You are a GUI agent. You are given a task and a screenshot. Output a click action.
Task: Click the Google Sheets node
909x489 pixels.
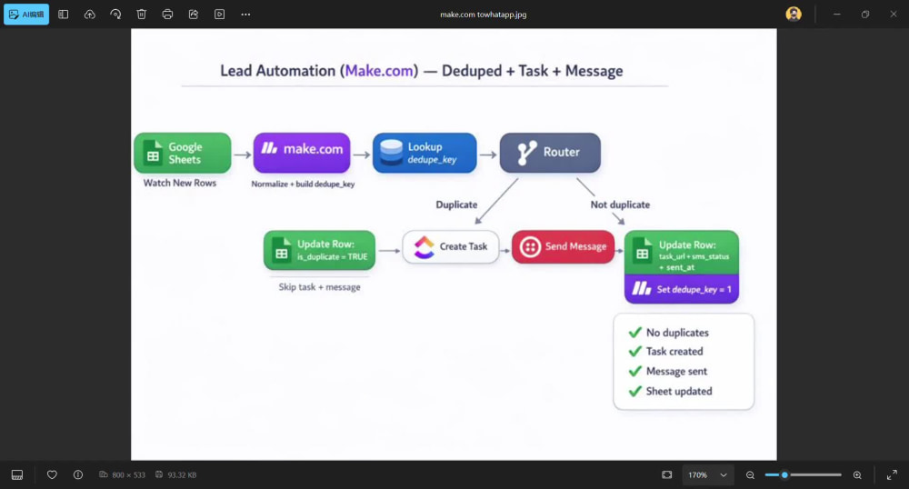pyautogui.click(x=183, y=153)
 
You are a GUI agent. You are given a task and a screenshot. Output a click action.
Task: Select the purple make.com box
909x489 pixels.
pyautogui.click(x=302, y=153)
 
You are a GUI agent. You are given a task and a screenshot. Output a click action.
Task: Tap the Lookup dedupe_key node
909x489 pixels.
pyautogui.click(x=425, y=153)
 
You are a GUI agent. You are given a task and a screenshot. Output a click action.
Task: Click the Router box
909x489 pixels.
pyautogui.click(x=550, y=153)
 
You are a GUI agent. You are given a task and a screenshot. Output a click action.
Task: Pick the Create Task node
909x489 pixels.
pyautogui.click(x=451, y=247)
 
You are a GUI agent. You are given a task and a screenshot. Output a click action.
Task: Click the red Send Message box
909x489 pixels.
pyautogui.click(x=563, y=247)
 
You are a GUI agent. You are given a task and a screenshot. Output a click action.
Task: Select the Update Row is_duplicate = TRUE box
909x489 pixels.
pyautogui.click(x=319, y=250)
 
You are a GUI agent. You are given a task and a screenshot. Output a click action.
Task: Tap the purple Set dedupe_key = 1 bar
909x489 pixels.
pyautogui.click(x=682, y=288)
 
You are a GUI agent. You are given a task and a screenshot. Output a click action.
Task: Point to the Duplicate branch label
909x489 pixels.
pyautogui.click(x=457, y=205)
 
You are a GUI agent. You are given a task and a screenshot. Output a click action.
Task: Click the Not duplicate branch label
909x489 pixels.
pyautogui.click(x=620, y=205)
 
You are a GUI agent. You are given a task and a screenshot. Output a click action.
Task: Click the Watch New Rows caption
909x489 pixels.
pyautogui.click(x=180, y=183)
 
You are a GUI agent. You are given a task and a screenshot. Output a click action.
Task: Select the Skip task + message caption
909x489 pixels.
pyautogui.click(x=319, y=287)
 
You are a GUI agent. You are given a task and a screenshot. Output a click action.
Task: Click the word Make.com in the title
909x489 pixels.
pyautogui.click(x=379, y=71)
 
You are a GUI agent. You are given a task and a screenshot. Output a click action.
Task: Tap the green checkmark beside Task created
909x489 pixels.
pyautogui.click(x=635, y=351)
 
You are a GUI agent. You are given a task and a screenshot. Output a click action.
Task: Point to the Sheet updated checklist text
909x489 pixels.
pyautogui.click(x=679, y=391)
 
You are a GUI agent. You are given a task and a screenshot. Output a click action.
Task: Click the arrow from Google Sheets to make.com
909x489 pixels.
pyautogui.click(x=243, y=155)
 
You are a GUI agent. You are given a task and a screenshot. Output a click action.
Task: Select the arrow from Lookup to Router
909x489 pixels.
pyautogui.click(x=488, y=155)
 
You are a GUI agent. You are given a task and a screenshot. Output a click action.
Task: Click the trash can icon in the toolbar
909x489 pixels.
pyautogui.click(x=142, y=14)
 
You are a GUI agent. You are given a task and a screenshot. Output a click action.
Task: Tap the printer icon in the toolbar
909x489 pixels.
pyautogui.click(x=167, y=14)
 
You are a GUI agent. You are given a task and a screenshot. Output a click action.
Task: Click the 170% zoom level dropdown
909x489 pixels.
pyautogui.click(x=707, y=475)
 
